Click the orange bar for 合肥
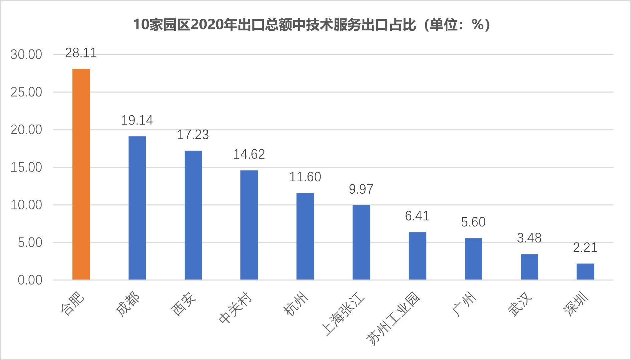pyautogui.click(x=81, y=174)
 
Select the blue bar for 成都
pyautogui.click(x=137, y=208)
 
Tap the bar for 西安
pyautogui.click(x=193, y=215)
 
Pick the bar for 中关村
pyautogui.click(x=249, y=225)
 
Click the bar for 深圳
pyautogui.click(x=585, y=272)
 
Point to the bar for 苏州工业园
pyautogui.click(x=417, y=256)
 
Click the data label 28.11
pyautogui.click(x=81, y=53)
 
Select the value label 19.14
pyautogui.click(x=137, y=121)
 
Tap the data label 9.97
pyautogui.click(x=361, y=189)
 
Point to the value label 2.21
pyautogui.click(x=585, y=247)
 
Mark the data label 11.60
pyautogui.click(x=305, y=177)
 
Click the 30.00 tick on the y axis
pyautogui.click(x=26, y=54)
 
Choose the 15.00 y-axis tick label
pyautogui.click(x=26, y=167)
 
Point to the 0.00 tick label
pyautogui.click(x=30, y=280)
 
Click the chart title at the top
pyautogui.click(x=311, y=24)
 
